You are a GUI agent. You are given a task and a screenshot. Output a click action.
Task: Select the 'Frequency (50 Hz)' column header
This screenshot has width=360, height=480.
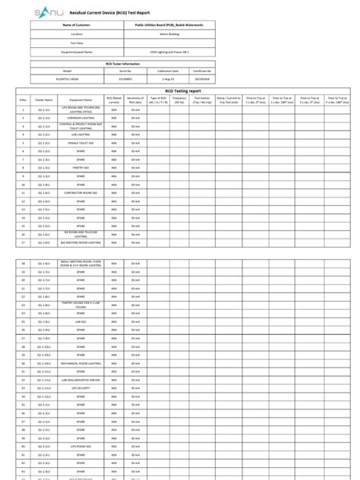[179, 99]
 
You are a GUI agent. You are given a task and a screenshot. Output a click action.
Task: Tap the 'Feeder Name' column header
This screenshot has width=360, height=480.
[44, 99]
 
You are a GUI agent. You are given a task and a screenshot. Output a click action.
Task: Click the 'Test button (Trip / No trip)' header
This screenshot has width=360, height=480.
[202, 99]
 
